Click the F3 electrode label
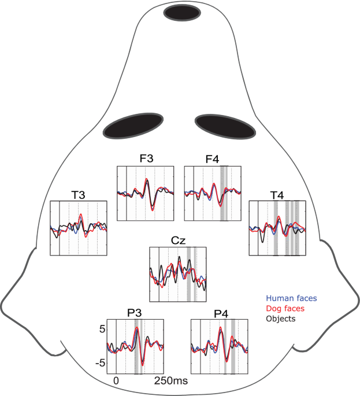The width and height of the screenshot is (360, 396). tap(146, 160)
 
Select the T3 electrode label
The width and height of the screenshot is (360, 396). tap(79, 195)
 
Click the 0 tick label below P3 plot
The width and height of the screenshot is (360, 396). tap(116, 382)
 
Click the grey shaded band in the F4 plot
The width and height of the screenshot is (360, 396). tap(224, 193)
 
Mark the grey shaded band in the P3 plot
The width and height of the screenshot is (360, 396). tap(138, 347)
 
